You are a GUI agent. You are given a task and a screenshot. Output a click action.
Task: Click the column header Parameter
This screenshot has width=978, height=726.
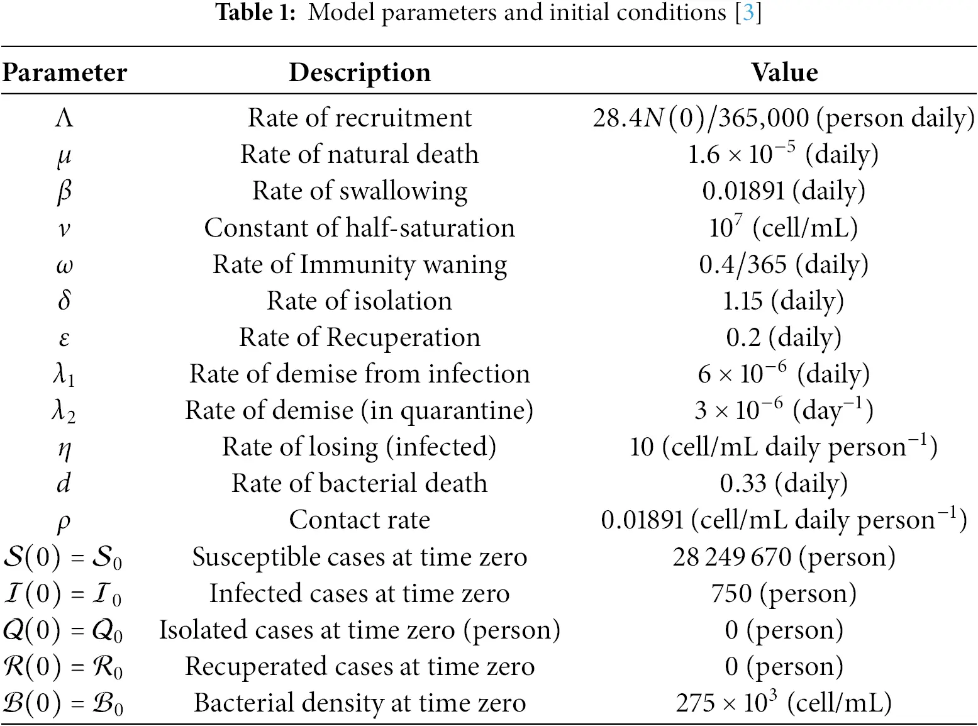(64, 72)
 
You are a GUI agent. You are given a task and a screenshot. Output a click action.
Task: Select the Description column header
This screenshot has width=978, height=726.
(359, 72)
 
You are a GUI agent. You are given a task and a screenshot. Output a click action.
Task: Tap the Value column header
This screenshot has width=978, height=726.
(784, 72)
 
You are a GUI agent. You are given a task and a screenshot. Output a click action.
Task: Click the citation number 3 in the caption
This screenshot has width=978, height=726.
(748, 13)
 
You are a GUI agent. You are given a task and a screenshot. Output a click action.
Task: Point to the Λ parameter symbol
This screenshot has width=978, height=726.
(64, 118)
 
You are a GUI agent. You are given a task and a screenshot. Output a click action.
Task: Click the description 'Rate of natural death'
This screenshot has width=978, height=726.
(359, 154)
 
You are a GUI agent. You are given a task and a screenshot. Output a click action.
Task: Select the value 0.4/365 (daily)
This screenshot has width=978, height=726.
(784, 264)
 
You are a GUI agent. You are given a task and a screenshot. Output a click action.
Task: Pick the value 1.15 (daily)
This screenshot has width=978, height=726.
(784, 301)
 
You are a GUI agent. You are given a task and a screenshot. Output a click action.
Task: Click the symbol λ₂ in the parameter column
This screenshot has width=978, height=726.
(64, 411)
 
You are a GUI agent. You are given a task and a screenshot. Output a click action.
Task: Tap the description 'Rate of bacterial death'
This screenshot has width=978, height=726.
(359, 483)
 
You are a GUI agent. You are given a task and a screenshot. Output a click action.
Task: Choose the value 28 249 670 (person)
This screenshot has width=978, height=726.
(784, 557)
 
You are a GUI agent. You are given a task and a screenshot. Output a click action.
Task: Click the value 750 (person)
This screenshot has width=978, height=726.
(784, 593)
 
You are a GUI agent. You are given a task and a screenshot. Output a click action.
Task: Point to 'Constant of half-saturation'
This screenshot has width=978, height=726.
(359, 228)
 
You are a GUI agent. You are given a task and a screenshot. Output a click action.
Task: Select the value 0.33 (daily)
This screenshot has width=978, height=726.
(784, 483)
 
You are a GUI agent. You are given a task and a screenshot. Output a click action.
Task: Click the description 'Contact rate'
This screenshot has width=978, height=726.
(359, 520)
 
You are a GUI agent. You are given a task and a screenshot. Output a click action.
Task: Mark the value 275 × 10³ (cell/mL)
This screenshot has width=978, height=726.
(784, 703)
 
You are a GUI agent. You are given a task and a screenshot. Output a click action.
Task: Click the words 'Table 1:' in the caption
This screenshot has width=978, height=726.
(255, 13)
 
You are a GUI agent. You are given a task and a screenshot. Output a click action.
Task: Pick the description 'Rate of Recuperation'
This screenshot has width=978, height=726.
(359, 337)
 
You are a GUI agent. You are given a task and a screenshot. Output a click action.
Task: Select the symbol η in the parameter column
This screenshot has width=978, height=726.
(64, 449)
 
